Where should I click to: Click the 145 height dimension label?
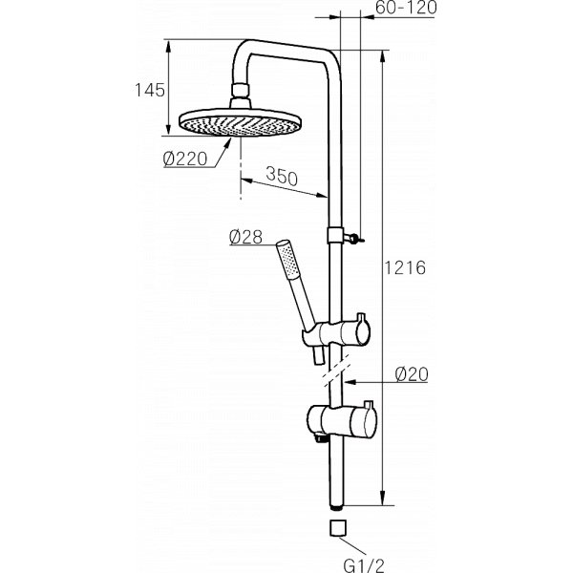[150, 90]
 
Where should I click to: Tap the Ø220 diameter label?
[185, 159]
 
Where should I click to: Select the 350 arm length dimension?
[282, 176]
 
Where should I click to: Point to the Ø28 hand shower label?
[245, 237]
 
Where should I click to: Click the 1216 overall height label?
[405, 267]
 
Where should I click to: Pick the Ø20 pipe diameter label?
[412, 374]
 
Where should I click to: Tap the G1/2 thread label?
[364, 565]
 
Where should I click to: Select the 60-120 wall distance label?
[406, 8]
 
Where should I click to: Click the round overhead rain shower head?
[240, 122]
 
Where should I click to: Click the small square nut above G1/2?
[338, 528]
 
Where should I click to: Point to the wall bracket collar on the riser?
[335, 235]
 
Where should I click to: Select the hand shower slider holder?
[336, 332]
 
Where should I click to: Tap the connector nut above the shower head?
[241, 91]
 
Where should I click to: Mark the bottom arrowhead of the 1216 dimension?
[383, 499]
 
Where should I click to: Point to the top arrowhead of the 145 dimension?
[168, 47]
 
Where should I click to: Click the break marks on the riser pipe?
[336, 370]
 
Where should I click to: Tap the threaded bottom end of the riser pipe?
[337, 507]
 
